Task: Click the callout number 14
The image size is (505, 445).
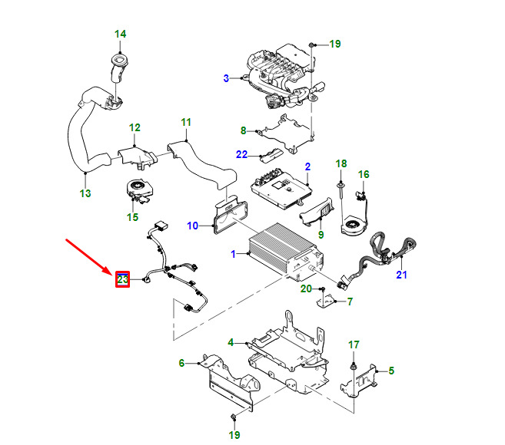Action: (121, 35)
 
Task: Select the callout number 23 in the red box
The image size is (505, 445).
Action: (122, 279)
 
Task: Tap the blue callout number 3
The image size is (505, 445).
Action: (226, 78)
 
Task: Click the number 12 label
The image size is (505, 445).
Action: (135, 127)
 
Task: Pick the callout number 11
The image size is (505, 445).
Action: (186, 122)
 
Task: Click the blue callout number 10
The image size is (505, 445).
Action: (193, 226)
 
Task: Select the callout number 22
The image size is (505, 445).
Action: (241, 154)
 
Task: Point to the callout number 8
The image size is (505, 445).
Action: (243, 130)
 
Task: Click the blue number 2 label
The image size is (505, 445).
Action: (307, 166)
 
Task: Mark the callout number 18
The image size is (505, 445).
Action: (342, 163)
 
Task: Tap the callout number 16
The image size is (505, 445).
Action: (364, 174)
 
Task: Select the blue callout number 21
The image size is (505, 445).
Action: (401, 275)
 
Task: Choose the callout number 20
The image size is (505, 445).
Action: (305, 288)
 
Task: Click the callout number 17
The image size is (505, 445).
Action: (354, 344)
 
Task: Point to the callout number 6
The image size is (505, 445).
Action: (182, 363)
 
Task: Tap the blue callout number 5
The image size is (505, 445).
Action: (391, 371)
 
